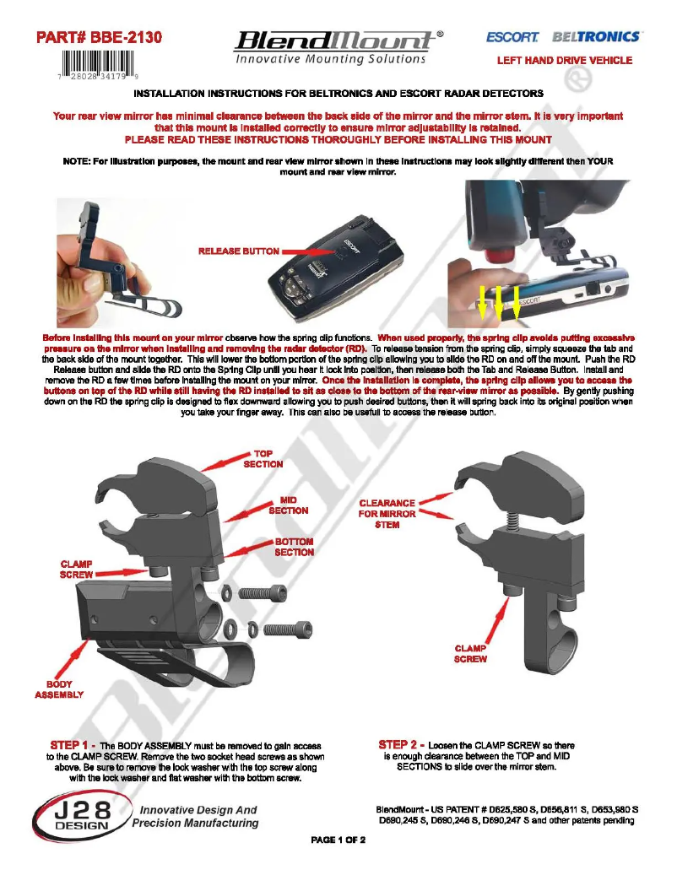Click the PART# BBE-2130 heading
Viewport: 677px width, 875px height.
pos(98,38)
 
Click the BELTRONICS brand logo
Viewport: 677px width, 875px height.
pos(596,38)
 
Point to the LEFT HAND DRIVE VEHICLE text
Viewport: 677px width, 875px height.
pos(564,61)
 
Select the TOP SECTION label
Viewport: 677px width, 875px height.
pos(263,459)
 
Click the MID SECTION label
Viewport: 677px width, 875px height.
pos(288,505)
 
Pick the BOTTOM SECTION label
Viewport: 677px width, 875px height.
pos(294,547)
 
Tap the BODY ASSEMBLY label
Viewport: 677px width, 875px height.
pos(59,689)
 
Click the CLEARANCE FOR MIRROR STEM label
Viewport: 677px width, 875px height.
pos(387,514)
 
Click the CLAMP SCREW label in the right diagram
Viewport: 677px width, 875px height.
pos(470,654)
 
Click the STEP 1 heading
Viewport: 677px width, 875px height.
pos(73,745)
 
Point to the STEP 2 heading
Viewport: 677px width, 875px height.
pos(401,745)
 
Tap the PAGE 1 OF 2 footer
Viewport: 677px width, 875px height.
pos(338,840)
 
